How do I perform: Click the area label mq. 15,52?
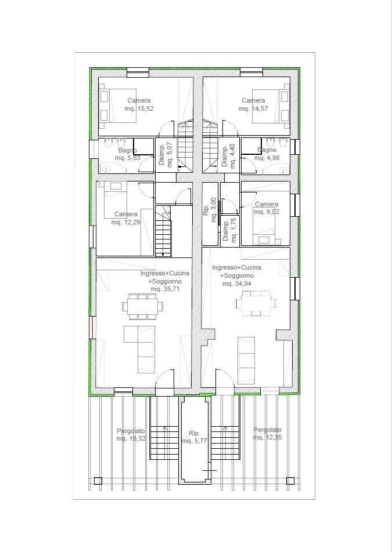tap(139, 109)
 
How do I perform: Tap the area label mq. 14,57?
tap(253, 109)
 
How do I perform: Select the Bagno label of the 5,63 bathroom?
tap(128, 150)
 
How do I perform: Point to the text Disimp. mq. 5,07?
tap(166, 155)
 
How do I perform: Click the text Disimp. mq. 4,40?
tap(228, 155)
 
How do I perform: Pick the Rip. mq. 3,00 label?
tap(210, 210)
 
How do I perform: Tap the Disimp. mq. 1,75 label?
tap(229, 230)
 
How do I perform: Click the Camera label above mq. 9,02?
tap(267, 204)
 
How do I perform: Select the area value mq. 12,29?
tap(126, 222)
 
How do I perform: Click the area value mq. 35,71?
tap(166, 289)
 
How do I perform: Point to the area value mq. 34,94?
tap(236, 284)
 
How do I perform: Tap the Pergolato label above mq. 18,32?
tap(131, 431)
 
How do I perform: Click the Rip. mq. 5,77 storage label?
tap(194, 437)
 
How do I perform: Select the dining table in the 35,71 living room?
tap(142, 306)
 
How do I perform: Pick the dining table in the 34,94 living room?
tap(256, 303)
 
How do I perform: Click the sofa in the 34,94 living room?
tap(246, 360)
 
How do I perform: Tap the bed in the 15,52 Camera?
tap(117, 106)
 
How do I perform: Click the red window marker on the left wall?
tap(91, 328)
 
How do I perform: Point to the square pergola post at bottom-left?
tap(98, 481)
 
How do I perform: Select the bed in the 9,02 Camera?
tap(265, 226)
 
